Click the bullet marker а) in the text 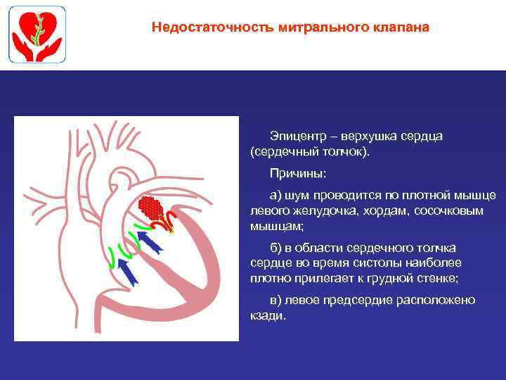[x=276, y=195]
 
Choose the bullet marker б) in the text [x=276, y=248]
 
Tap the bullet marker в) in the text [x=276, y=300]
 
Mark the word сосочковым [x=428, y=210]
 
